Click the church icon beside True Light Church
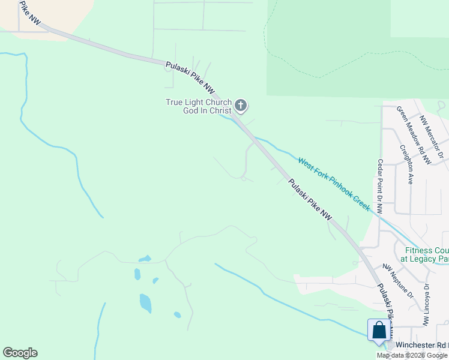(240, 106)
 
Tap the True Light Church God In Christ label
(199, 106)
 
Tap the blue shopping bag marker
(379, 331)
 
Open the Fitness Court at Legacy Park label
(426, 254)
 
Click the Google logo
(20, 353)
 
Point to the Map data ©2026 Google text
(412, 355)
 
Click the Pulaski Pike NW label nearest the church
(190, 77)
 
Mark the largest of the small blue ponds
(145, 302)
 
